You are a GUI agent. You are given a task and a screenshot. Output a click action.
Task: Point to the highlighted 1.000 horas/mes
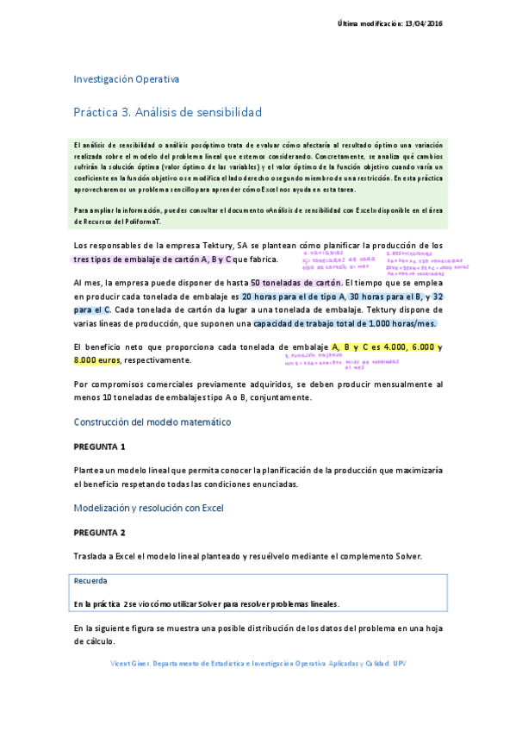click(403, 323)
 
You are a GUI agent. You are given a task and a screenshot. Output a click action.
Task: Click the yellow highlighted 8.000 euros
click(97, 359)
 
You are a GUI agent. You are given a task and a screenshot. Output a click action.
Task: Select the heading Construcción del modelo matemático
click(152, 422)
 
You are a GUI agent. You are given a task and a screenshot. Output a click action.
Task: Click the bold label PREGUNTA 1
click(99, 447)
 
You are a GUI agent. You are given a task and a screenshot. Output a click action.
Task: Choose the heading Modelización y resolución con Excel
click(148, 509)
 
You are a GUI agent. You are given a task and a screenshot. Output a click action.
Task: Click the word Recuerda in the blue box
click(90, 580)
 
